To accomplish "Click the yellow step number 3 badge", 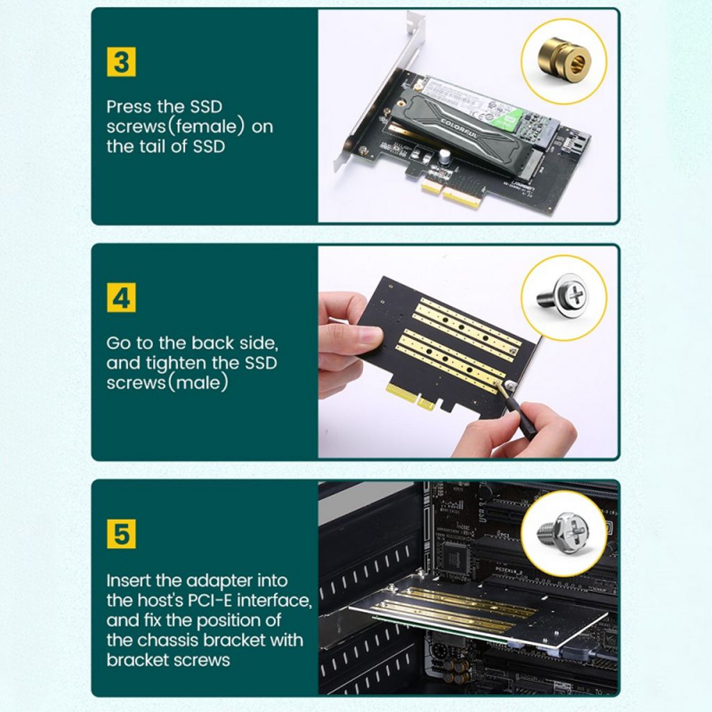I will (121, 63).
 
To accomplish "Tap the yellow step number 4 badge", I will (121, 298).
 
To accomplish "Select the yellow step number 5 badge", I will (121, 535).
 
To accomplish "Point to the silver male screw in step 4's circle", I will (563, 295).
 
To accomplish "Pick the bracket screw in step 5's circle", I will (563, 533).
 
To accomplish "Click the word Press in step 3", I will (129, 107).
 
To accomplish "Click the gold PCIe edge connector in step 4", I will (410, 396).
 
